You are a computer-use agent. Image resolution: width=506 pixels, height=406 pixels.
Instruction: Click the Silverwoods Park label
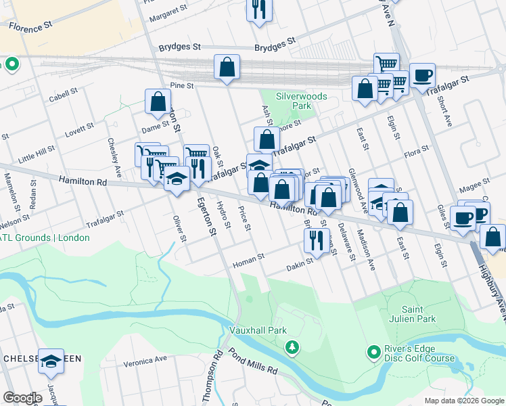point(301,101)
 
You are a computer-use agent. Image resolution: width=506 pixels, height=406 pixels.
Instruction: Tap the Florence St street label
point(30,26)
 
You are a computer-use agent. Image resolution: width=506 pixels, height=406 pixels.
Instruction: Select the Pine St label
point(182,86)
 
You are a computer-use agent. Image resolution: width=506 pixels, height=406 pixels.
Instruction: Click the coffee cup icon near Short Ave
point(422,75)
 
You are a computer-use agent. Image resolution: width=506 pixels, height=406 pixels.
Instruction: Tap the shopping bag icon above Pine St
point(227,67)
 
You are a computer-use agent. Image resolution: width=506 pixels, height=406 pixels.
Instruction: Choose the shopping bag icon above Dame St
point(158,102)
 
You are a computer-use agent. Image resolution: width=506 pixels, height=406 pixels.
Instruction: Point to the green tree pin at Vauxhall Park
point(292,347)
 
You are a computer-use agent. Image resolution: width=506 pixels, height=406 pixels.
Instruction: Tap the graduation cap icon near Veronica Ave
point(51,362)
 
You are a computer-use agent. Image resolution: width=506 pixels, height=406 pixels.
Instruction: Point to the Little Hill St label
point(37,154)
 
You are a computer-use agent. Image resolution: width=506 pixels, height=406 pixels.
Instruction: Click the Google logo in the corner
point(22,398)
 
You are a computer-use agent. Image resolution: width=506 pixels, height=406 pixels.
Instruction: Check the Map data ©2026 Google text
point(463,401)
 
